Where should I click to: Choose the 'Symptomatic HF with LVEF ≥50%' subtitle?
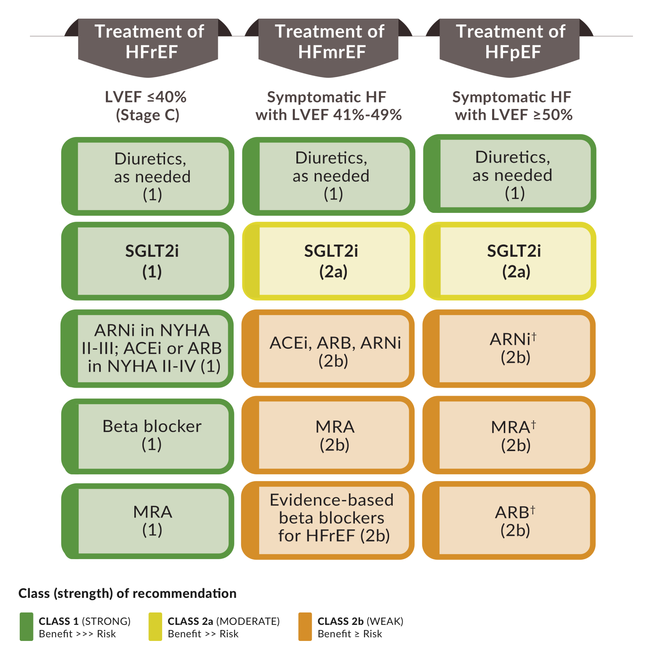[x=512, y=106]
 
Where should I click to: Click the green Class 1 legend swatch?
[x=27, y=627]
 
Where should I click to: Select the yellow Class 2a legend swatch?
[x=155, y=627]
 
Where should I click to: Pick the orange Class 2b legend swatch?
[x=305, y=627]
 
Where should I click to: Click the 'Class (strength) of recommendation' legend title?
[x=127, y=593]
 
